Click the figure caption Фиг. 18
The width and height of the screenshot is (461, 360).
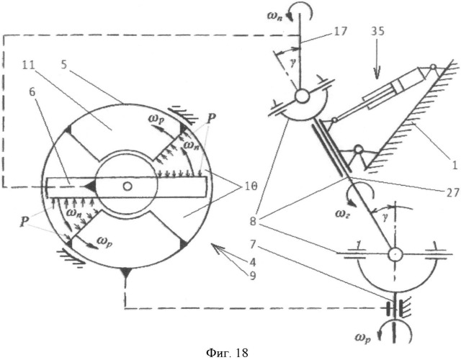click(x=228, y=352)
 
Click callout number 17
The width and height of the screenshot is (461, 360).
click(x=341, y=31)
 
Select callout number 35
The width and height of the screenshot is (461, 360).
click(x=377, y=31)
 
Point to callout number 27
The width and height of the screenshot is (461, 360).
click(x=452, y=192)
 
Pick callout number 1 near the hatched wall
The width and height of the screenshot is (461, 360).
click(x=455, y=166)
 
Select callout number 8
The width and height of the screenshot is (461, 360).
click(x=253, y=221)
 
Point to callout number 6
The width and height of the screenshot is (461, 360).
click(x=32, y=92)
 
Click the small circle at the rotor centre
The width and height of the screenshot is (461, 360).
click(x=127, y=186)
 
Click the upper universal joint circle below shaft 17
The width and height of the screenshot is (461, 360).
click(x=302, y=96)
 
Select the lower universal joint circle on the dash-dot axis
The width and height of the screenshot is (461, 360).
click(x=395, y=254)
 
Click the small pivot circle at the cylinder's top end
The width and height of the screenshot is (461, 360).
click(x=433, y=67)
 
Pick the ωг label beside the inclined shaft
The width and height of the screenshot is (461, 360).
click(x=342, y=214)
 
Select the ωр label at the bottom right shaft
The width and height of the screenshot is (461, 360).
click(x=363, y=338)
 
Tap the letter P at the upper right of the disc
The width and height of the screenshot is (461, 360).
click(x=211, y=117)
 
